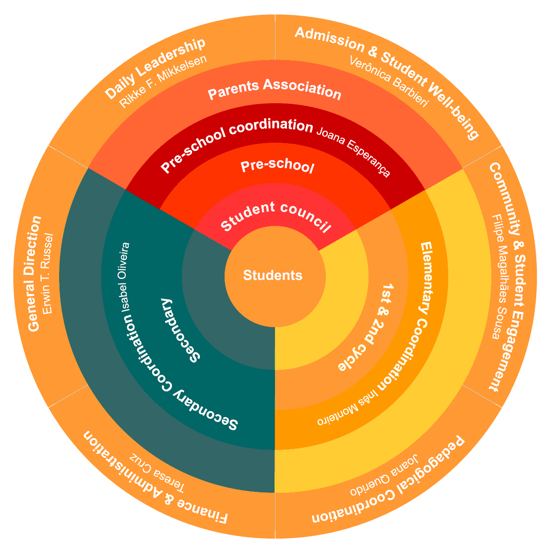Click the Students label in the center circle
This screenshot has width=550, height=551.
(273, 275)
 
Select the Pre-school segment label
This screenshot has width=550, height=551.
(278, 167)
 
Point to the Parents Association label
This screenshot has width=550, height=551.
(275, 89)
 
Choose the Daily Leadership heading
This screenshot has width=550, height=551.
(154, 69)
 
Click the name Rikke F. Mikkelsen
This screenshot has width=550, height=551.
(163, 82)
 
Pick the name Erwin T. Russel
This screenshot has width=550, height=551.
(48, 273)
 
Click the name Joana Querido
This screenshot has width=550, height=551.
(384, 476)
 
